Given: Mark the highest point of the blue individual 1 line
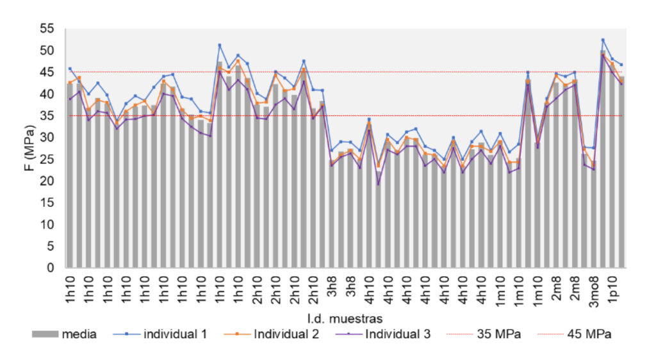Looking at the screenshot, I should [x=603, y=40].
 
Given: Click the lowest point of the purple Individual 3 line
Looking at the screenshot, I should [x=378, y=184].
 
